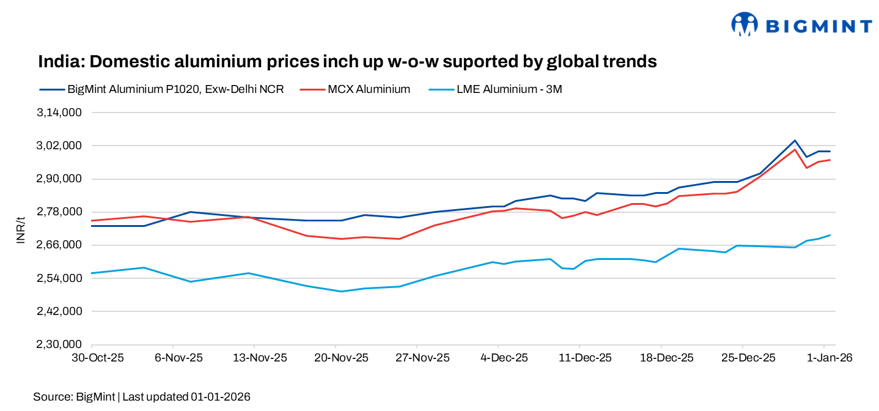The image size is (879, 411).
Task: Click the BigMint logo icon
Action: point(745,24)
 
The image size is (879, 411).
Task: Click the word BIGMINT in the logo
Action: point(819,26)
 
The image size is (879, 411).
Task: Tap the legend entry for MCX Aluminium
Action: point(369,89)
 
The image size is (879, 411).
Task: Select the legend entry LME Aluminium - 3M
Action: point(509,89)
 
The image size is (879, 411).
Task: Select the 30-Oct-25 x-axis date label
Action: point(98,358)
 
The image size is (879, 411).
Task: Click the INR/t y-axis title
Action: point(20,229)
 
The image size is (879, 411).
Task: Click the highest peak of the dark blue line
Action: point(795,140)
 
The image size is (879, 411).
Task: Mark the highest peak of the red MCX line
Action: point(795,149)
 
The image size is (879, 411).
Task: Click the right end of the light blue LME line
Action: point(829,235)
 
